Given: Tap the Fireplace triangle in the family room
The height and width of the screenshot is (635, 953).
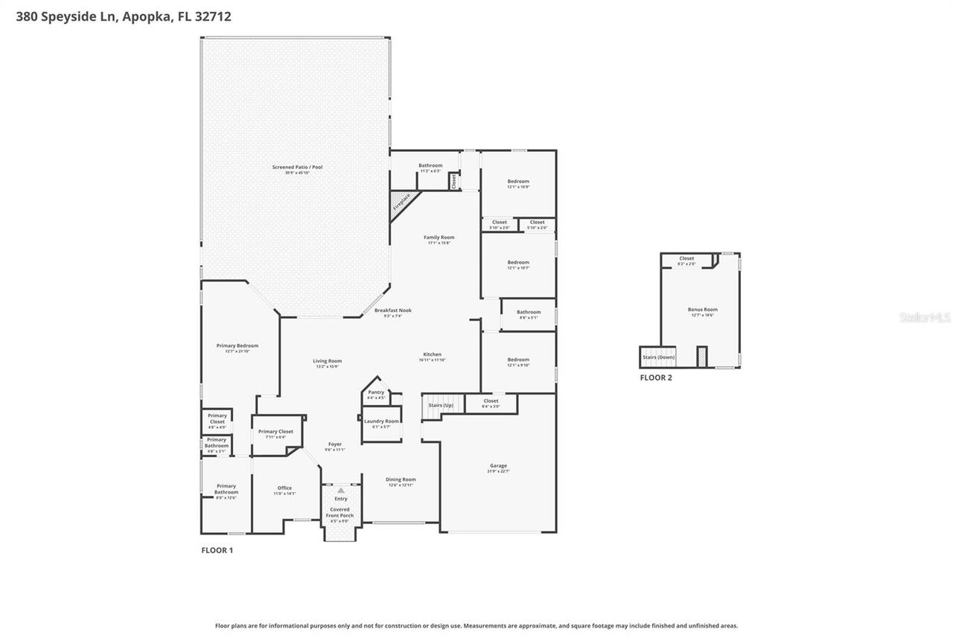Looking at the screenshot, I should point(401,202).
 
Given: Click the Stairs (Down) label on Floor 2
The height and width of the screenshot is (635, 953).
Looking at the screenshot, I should point(657,357).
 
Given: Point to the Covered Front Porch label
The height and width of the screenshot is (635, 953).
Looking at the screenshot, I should point(340,512).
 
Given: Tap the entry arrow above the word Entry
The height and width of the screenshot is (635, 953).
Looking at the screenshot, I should point(341,491).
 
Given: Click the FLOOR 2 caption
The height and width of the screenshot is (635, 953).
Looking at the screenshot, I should point(656,378).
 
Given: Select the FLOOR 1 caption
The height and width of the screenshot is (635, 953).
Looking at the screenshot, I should point(217,551).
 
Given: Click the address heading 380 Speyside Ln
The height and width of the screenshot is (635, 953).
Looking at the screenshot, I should point(124,16).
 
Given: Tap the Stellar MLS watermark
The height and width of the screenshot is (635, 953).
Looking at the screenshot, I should point(925,317).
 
